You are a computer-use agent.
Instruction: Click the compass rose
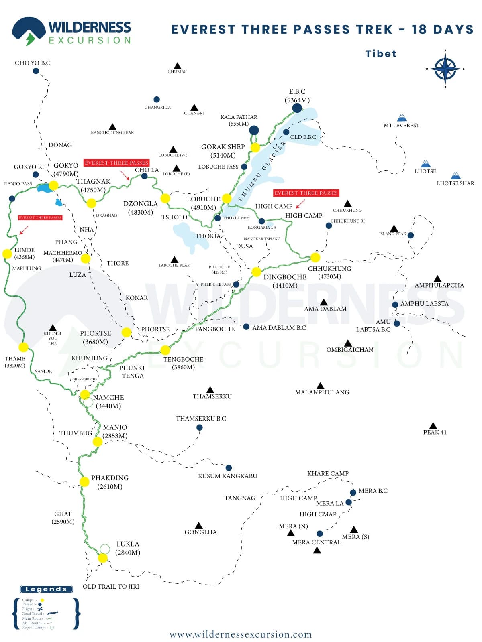coord(445,69)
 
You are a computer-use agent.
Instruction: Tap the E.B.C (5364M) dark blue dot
coord(297,108)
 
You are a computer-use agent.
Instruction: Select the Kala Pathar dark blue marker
coord(254,130)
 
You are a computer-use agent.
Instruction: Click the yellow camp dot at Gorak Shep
coord(255,148)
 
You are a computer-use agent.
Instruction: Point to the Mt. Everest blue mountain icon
coord(402,118)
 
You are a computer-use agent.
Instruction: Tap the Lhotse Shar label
coord(455,183)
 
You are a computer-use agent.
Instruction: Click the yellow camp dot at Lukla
coord(103,558)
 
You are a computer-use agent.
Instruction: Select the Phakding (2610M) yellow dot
coord(84,481)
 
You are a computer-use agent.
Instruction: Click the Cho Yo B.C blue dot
coord(36,71)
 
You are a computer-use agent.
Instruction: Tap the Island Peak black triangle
coord(394,228)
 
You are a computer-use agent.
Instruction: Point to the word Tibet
coord(381,54)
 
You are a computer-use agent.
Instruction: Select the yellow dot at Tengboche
coord(165,350)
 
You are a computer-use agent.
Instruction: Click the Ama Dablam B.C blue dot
coord(246,327)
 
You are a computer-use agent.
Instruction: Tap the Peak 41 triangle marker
coord(433,425)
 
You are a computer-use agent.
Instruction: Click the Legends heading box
coord(47,589)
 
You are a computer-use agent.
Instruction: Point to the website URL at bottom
coord(241,634)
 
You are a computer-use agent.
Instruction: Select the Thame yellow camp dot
coord(23,347)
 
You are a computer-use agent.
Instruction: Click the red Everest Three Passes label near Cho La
coord(116,163)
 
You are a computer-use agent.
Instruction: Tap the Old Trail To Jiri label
coord(111,586)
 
